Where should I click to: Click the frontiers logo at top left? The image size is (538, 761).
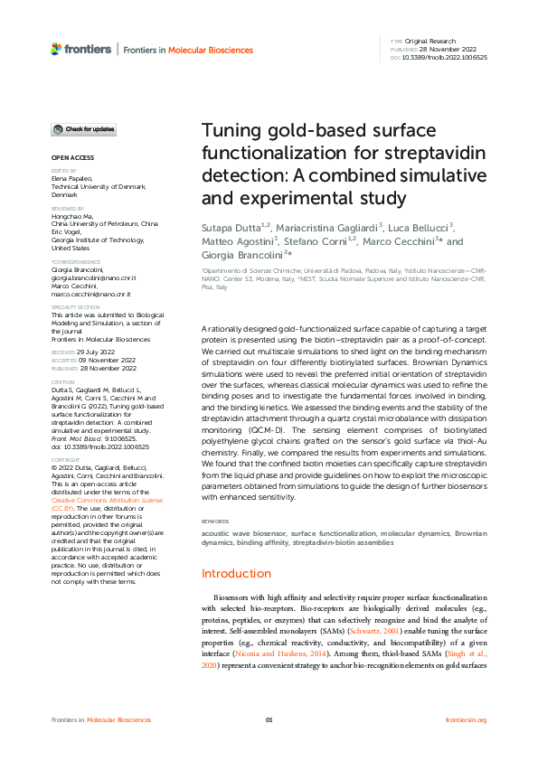(80, 49)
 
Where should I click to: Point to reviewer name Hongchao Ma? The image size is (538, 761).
(73, 214)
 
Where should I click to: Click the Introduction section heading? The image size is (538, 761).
(236, 573)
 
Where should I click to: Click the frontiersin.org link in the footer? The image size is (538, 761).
(467, 719)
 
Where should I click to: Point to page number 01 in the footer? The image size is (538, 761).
(269, 719)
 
